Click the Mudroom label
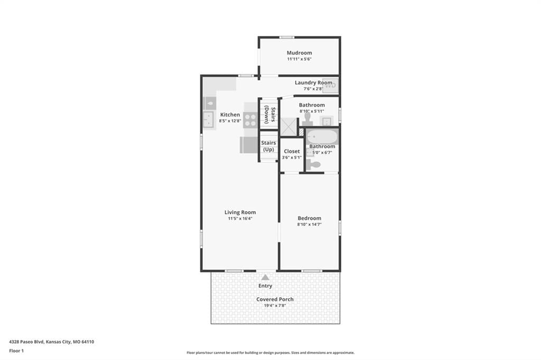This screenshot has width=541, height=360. point(299,53)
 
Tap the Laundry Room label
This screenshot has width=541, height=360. point(313,83)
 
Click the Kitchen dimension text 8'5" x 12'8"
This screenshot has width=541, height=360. point(230,121)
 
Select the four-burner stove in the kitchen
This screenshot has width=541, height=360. point(250,120)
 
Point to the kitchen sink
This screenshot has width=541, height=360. point(208,119)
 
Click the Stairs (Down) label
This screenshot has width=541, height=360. point(269,115)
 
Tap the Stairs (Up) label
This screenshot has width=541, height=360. point(268,146)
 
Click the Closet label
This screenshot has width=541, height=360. point(292,151)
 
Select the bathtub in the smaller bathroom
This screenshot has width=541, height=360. point(322,137)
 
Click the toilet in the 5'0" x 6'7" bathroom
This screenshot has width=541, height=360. point(313,165)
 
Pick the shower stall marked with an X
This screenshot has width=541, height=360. point(288,127)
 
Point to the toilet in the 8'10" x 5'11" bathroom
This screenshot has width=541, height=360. point(307,119)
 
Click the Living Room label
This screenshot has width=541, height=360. point(240,212)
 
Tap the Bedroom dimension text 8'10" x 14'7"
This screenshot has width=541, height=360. point(309,224)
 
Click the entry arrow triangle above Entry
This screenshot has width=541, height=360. point(265,277)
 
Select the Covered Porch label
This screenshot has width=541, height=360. point(275,299)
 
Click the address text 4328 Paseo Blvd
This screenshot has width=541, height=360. point(26,342)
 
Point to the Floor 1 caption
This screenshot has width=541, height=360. point(16,350)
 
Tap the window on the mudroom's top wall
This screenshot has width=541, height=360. point(287,37)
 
